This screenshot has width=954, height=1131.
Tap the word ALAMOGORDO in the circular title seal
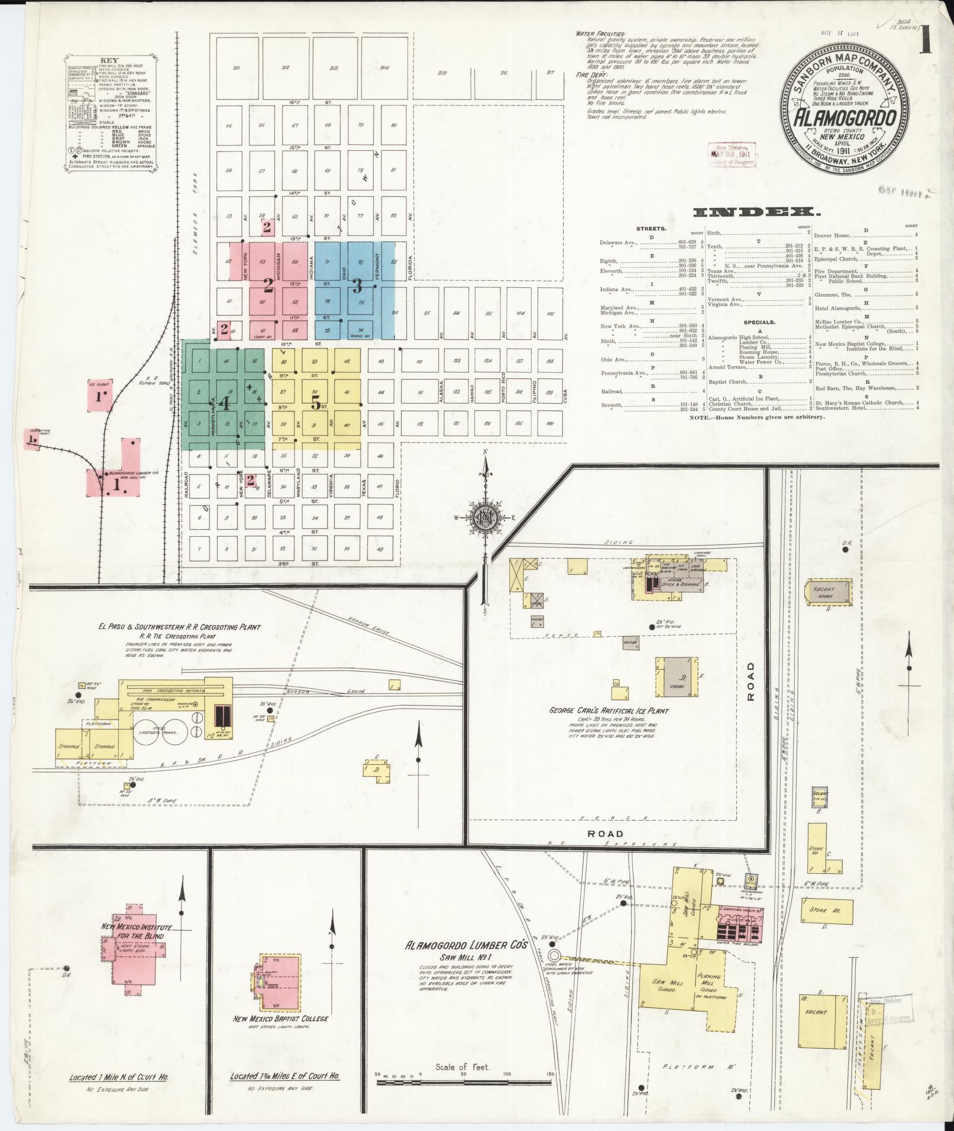pyautogui.click(x=843, y=118)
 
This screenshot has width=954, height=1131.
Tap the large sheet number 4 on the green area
pyautogui.click(x=225, y=403)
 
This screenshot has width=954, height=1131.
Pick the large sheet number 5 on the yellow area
pyautogui.click(x=316, y=404)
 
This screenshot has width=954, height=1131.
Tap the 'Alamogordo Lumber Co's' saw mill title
pyautogui.click(x=465, y=962)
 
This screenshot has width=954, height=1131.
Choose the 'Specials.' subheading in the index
pyautogui.click(x=759, y=322)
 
